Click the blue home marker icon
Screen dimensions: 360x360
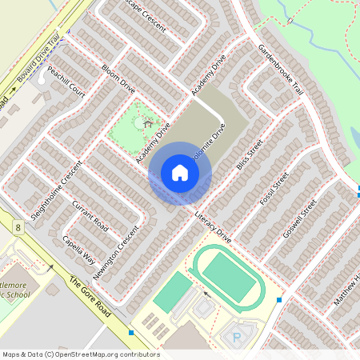(180, 172)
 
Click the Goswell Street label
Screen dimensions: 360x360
(300, 217)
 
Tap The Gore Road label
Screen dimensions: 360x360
(88, 295)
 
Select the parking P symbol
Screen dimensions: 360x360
(236, 338)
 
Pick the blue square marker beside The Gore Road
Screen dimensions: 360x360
(131, 331)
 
